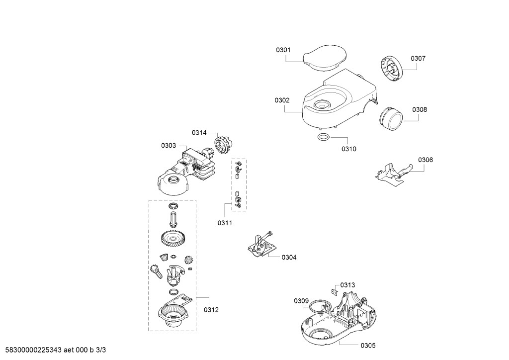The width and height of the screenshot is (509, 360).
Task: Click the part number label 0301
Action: pyautogui.click(x=283, y=50)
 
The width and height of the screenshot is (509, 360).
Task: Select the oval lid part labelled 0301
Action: pyautogui.click(x=324, y=58)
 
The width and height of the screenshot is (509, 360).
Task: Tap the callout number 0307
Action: pyautogui.click(x=418, y=59)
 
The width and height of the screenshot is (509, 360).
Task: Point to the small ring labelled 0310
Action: pyautogui.click(x=323, y=137)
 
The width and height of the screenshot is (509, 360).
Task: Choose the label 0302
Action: pyautogui.click(x=282, y=100)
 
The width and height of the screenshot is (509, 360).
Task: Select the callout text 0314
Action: pyautogui.click(x=199, y=132)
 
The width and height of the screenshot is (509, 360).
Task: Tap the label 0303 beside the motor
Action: pyautogui.click(x=169, y=145)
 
